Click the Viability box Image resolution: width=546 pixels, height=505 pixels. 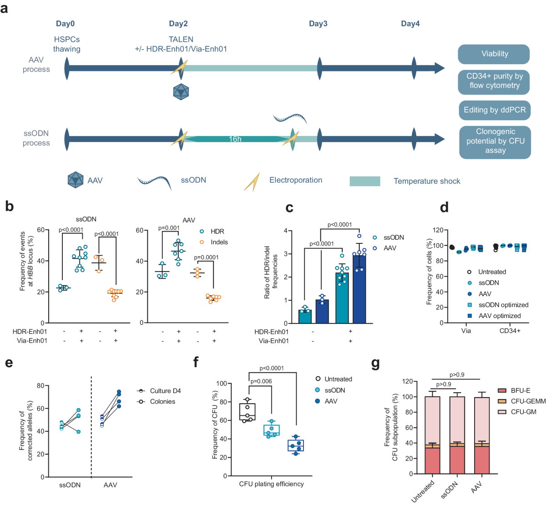494,54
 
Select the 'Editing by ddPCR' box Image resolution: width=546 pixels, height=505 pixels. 495,110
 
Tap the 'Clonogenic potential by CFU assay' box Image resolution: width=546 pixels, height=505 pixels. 495,141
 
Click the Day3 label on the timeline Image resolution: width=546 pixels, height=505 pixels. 318,24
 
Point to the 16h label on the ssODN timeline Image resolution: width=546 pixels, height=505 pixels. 235,139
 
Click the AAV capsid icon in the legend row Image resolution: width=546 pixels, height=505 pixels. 76,180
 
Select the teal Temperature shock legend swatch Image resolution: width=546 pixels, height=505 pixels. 364,181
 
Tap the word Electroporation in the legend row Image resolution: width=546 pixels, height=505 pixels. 296,180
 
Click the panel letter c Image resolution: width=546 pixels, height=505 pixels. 289,207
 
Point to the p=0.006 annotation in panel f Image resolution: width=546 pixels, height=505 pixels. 261,381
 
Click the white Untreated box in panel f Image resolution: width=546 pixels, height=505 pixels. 248,411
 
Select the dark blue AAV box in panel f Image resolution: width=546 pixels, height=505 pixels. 296,445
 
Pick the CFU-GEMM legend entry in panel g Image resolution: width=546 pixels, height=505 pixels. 528,401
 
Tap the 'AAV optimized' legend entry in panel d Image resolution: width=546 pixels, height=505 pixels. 499,316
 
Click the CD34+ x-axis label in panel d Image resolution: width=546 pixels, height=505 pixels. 510,331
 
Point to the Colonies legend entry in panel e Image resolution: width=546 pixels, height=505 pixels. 162,401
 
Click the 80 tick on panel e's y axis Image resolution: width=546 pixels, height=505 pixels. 40,386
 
